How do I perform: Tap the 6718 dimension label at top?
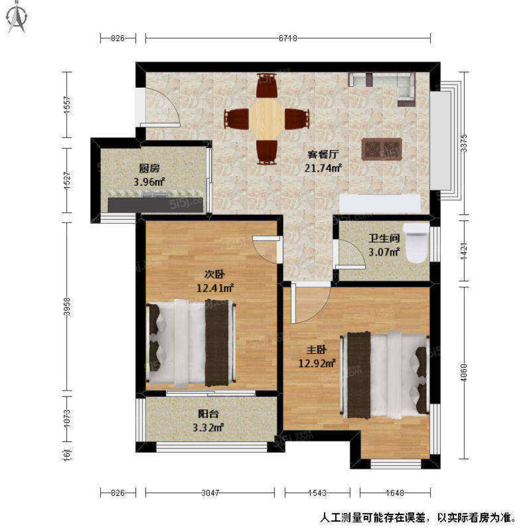[x=288, y=38]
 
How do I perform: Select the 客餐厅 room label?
[x=323, y=154]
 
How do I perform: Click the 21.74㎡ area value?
[x=323, y=168]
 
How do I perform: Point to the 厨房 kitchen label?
[x=149, y=168]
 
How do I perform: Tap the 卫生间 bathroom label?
[x=384, y=239]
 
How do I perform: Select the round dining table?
[x=266, y=119]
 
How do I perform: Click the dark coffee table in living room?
[x=381, y=149]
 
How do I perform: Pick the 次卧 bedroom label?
[x=215, y=274]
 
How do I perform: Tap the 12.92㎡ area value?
[x=317, y=364]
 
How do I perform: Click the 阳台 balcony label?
[x=208, y=414]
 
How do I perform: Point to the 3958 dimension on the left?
[x=67, y=307]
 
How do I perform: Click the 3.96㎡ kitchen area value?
[x=149, y=181]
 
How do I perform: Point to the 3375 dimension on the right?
[x=463, y=143]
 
